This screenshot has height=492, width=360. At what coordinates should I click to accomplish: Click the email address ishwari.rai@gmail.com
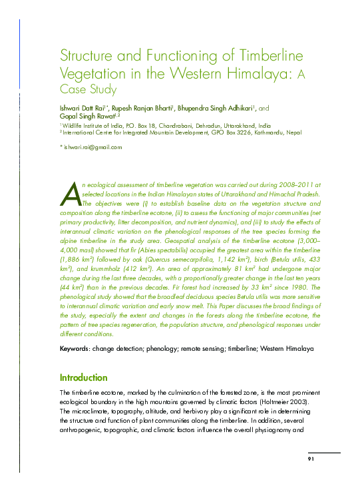tap(93, 147)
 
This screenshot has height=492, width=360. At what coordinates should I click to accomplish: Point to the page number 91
tap(311, 459)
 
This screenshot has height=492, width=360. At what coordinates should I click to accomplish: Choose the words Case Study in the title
tap(89, 89)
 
